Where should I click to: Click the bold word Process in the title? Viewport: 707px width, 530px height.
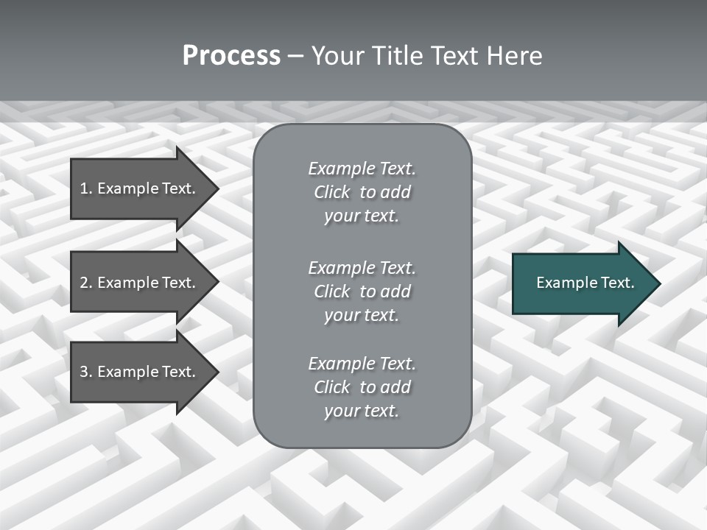coord(231,56)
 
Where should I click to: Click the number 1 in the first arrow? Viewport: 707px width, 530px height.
coord(83,188)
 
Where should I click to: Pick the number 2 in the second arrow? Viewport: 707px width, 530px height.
coord(84,283)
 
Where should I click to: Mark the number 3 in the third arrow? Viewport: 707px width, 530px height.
coord(84,372)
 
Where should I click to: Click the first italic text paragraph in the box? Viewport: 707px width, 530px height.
coord(362,192)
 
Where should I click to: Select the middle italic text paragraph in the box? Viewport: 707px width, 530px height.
coord(362,291)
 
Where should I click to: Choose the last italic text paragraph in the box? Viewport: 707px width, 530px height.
coord(362,387)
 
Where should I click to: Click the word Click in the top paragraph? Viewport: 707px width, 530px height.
coord(331,192)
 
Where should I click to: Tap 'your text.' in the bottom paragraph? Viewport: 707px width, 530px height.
coord(362,411)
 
